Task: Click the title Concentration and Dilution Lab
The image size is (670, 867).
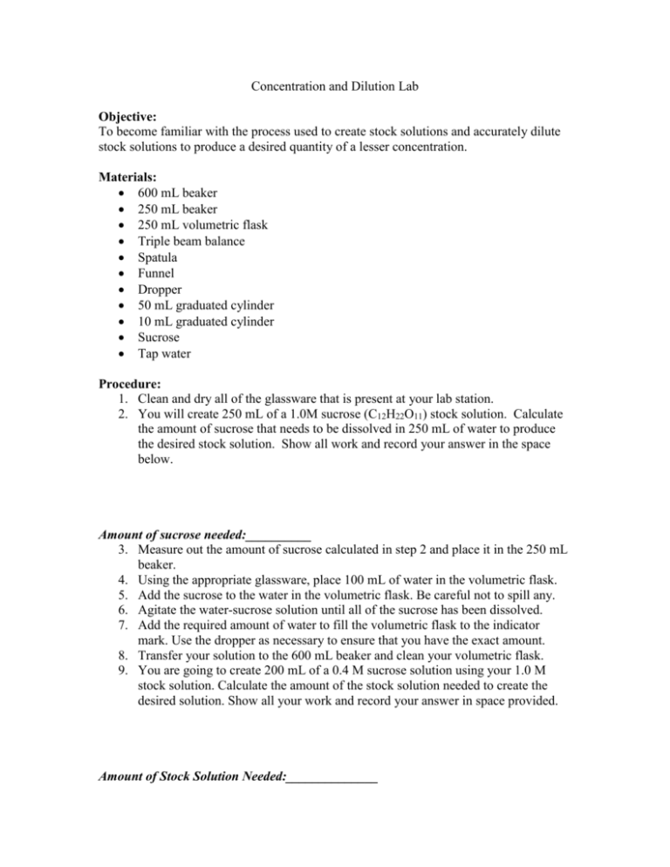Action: [334, 87]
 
